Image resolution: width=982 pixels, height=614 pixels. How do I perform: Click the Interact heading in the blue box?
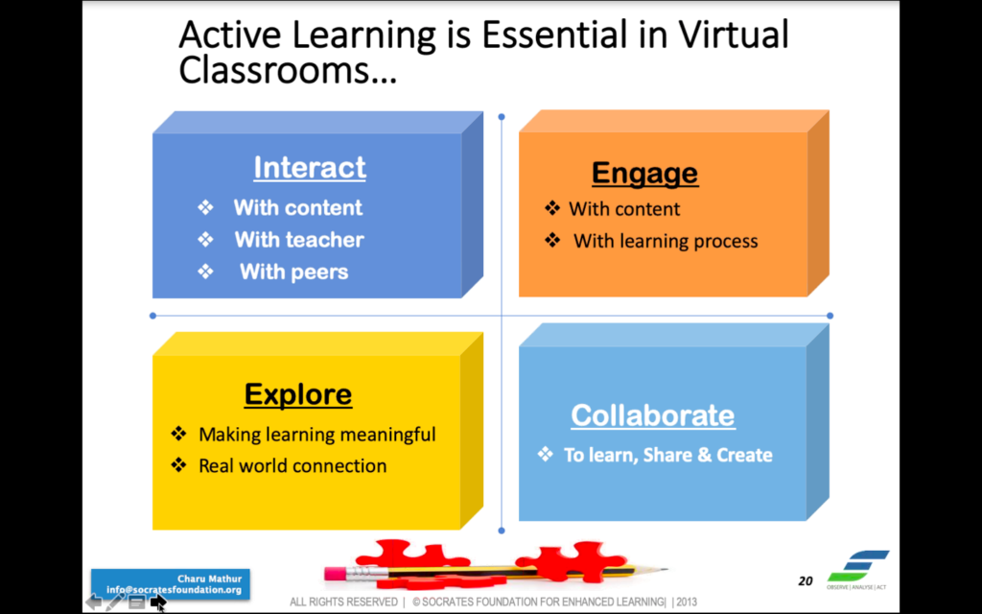(x=310, y=167)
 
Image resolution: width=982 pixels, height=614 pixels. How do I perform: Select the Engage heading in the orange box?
(x=645, y=174)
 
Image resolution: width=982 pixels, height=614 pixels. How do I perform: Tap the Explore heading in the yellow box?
(x=298, y=394)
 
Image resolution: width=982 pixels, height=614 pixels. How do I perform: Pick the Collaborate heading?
(x=653, y=414)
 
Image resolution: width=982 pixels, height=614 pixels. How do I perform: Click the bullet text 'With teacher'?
(x=299, y=239)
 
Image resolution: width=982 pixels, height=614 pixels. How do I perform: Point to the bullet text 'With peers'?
(x=293, y=272)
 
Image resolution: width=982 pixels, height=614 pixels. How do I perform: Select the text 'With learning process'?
(x=666, y=241)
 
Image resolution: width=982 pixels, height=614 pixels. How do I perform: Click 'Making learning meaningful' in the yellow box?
(x=316, y=435)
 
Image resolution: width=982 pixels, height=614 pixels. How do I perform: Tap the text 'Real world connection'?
(x=292, y=465)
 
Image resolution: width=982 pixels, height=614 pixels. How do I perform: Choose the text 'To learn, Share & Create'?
(x=668, y=455)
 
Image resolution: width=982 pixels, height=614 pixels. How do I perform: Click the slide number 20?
(x=806, y=581)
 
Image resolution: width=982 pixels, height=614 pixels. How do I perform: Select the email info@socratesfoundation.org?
(x=174, y=590)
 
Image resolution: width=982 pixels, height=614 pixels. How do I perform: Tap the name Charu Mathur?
(x=209, y=579)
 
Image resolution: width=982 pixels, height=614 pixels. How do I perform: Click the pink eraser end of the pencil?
(x=335, y=573)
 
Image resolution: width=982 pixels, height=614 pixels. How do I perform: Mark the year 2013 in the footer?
(x=687, y=602)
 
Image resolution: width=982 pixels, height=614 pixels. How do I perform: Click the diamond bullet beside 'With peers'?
(x=205, y=272)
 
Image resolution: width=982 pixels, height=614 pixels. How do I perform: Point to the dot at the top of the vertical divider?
(x=501, y=117)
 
